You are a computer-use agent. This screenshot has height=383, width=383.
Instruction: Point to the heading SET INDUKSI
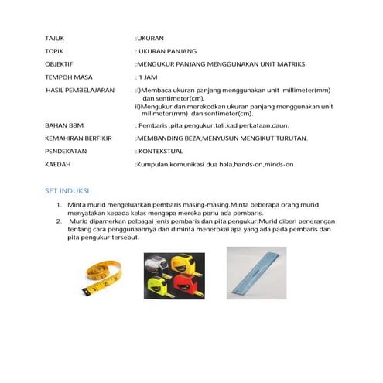click(x=66, y=190)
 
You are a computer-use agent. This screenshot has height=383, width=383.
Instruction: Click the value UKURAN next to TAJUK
click(x=151, y=37)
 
